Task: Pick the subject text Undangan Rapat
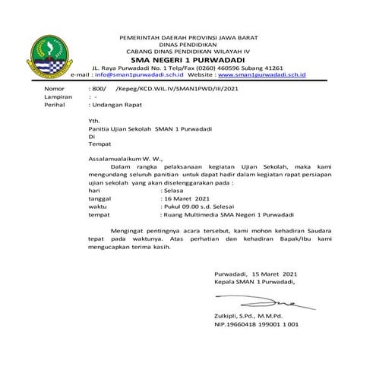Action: (x=117, y=106)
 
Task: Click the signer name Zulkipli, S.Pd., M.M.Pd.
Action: (x=248, y=315)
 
